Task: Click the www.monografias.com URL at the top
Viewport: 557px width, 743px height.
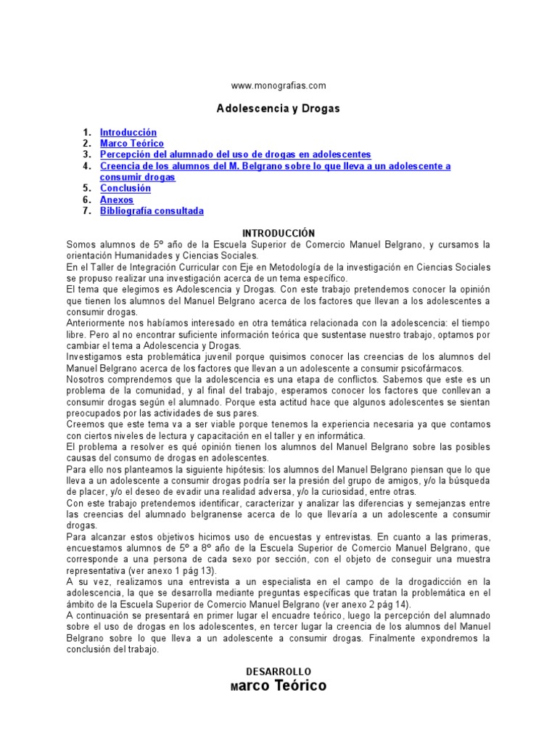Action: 278,85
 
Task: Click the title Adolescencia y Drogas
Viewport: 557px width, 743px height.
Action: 278,109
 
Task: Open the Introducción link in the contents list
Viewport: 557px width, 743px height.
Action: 128,133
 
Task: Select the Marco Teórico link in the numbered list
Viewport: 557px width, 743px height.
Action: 132,144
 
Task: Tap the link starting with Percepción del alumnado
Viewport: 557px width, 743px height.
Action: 236,155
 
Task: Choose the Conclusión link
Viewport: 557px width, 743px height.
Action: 125,189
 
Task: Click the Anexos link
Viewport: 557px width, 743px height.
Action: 117,200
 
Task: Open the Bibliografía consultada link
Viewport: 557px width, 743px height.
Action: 152,211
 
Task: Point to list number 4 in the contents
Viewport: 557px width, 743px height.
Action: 86,166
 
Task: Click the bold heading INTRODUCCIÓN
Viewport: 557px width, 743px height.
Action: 278,233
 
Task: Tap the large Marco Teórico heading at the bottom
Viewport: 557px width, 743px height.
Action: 278,686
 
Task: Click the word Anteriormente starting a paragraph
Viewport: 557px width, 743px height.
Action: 99,322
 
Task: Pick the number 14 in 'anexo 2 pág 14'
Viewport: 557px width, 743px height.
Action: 400,604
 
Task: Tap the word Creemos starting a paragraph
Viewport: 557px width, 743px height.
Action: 86,424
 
